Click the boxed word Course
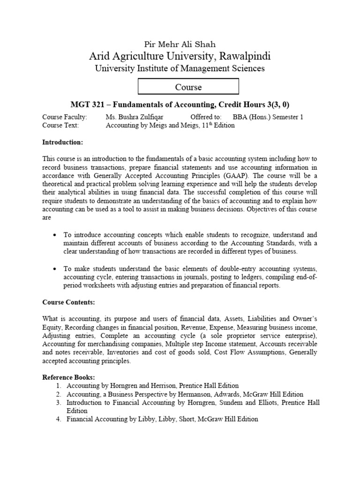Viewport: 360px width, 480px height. [188, 87]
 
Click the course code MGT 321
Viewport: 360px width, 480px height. [85, 105]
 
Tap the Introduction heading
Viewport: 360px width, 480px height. [62, 142]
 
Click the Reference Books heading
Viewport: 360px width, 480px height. [68, 377]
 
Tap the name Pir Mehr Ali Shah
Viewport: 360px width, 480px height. [180, 45]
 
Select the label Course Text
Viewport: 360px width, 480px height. [61, 126]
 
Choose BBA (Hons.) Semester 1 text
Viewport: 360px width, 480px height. [268, 117]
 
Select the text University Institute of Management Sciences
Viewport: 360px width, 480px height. [180, 69]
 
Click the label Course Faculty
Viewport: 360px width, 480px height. [65, 117]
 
